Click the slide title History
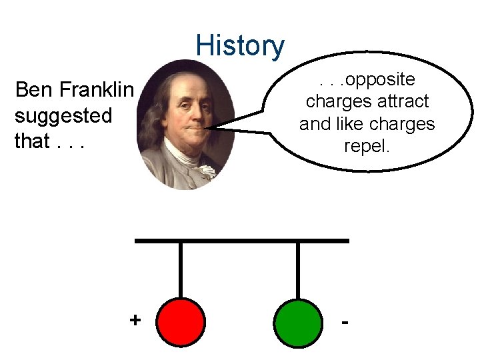pyautogui.click(x=240, y=46)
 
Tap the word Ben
pyautogui.click(x=35, y=89)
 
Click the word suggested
pyautogui.click(x=63, y=116)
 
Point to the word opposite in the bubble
pyautogui.click(x=381, y=80)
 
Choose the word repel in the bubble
pyautogui.click(x=367, y=146)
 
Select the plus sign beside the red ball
pyautogui.click(x=135, y=320)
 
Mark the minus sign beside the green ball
pyautogui.click(x=345, y=322)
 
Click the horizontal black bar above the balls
pyautogui.click(x=241, y=240)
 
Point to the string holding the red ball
pyautogui.click(x=181, y=270)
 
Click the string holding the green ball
pyautogui.click(x=297, y=270)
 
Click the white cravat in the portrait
pyautogui.click(x=206, y=171)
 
